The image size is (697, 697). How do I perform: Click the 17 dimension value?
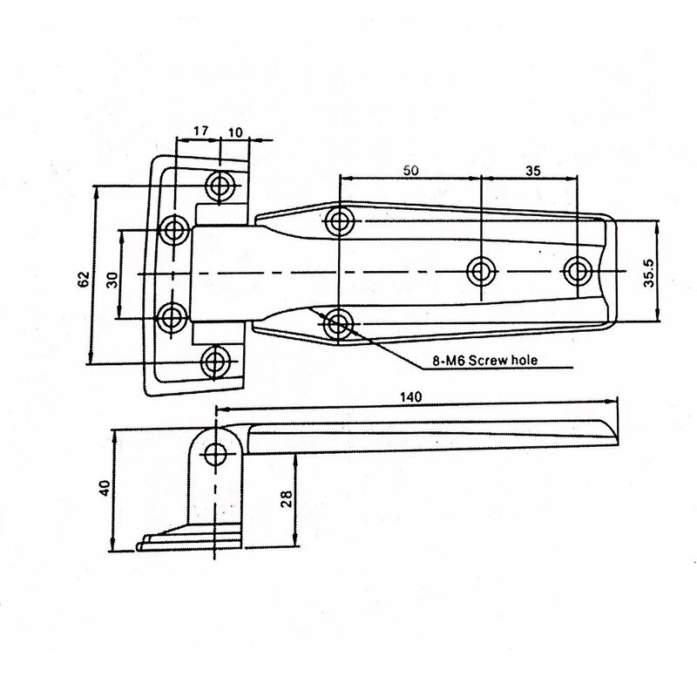coord(200,132)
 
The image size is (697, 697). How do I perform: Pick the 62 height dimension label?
coord(84,279)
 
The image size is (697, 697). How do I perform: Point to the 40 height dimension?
coord(105,489)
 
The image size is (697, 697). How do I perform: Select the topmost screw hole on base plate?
coord(218,185)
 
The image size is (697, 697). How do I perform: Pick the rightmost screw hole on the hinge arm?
coord(576,271)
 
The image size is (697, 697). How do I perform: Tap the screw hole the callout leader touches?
coord(338,324)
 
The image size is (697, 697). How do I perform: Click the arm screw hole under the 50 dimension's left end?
coord(340,220)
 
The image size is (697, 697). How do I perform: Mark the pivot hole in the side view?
coord(215,453)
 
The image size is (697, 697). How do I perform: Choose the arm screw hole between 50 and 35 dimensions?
coord(480,271)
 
